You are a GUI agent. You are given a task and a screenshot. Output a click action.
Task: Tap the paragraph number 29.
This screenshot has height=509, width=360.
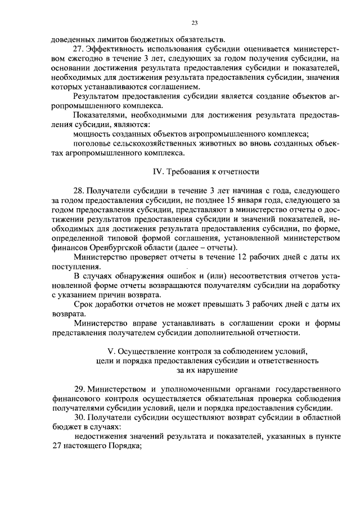point(79,389)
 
